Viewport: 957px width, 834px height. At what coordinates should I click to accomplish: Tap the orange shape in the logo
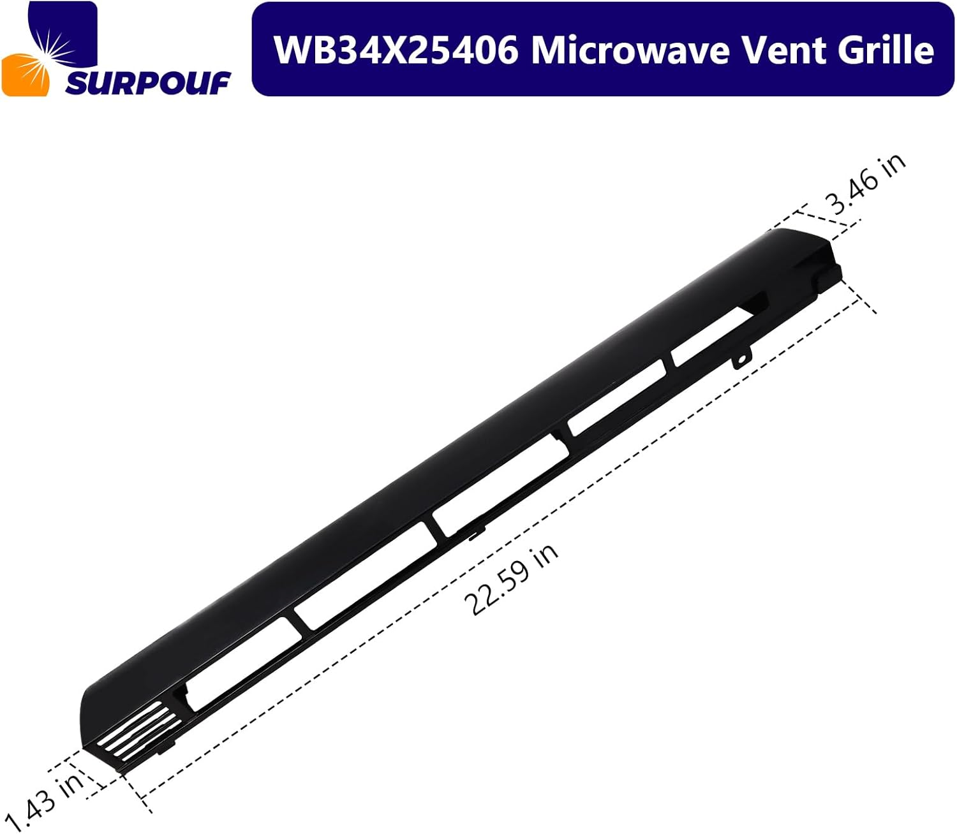26,75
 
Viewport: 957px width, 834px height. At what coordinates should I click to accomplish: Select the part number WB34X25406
396,50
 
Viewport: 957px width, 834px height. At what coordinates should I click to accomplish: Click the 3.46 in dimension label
866,184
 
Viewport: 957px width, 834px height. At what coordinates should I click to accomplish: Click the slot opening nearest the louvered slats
242,663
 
